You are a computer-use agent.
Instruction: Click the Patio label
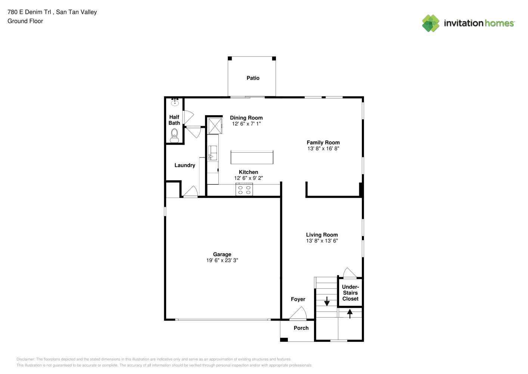coord(253,78)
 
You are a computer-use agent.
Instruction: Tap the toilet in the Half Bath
coord(174,135)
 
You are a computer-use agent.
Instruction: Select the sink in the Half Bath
coord(175,102)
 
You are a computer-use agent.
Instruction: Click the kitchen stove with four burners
coord(244,190)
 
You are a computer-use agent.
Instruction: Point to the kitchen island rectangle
coord(252,157)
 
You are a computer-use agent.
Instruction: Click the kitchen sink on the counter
coord(212,153)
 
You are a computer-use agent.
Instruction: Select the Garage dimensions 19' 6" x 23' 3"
coord(222,260)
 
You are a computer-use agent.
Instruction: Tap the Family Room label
coord(323,142)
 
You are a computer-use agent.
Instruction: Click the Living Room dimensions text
coord(322,240)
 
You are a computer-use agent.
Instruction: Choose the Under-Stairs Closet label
coord(351,293)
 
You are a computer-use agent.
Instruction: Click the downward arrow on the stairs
coord(327,301)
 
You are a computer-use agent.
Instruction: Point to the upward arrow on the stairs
coord(350,314)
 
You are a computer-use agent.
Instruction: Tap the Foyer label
coord(298,299)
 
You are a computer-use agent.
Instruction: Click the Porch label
coord(301,328)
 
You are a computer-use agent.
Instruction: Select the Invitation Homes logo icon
coord(431,23)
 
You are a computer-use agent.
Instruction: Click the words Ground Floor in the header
coord(25,21)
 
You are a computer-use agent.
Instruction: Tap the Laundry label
coord(185,165)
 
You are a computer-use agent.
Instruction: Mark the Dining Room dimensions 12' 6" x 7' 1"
coord(246,123)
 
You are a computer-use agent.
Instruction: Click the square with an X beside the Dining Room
coord(215,126)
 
